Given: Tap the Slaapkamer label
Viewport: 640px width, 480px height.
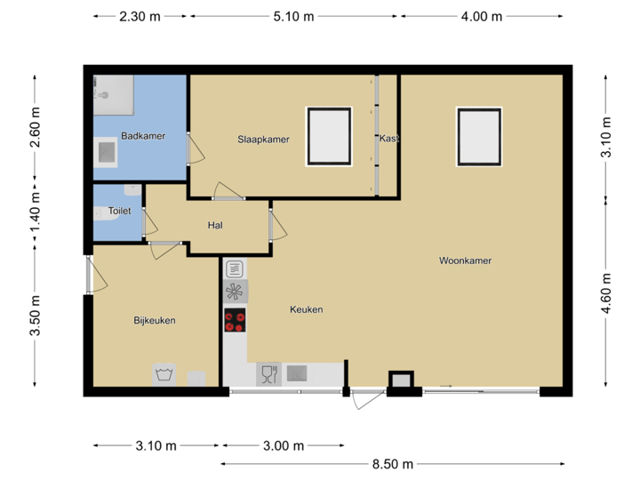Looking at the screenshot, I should click(263, 140).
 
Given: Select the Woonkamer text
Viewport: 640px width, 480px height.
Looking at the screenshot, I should click(465, 260).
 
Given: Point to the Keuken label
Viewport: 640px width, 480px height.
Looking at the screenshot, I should click(306, 309).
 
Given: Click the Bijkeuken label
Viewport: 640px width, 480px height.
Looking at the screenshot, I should click(155, 320).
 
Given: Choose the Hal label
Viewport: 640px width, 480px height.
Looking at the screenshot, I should click(214, 225).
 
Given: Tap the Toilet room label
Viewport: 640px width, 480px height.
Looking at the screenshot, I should click(119, 212).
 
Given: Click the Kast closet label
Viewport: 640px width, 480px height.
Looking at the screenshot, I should click(388, 140).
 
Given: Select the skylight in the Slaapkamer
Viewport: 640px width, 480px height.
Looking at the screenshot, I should click(330, 136).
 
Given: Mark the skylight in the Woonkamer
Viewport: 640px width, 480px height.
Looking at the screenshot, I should click(480, 136).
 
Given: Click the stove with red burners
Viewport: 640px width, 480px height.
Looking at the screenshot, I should click(235, 321).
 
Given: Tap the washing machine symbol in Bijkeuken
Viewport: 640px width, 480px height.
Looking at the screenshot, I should click(163, 374).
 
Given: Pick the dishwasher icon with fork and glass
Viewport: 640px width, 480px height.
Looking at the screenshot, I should click(268, 374).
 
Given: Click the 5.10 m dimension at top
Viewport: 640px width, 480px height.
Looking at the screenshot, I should click(292, 16).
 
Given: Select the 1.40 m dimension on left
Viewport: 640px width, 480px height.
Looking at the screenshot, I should click(35, 217).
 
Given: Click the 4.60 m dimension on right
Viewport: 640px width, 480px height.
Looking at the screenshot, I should click(606, 293).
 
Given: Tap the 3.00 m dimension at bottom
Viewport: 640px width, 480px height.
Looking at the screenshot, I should click(283, 445).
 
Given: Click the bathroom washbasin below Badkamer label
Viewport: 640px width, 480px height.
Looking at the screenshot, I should click(107, 152).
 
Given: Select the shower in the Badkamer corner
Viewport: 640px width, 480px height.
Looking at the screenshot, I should click(113, 93).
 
